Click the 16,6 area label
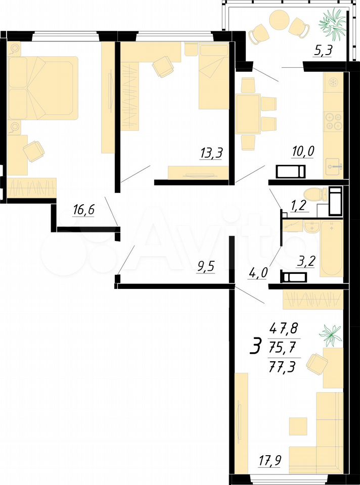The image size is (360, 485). [83, 210]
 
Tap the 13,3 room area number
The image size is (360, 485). [211, 153]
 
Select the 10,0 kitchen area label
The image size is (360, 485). [303, 152]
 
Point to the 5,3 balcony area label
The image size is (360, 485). [323, 51]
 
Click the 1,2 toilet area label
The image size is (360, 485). [300, 206]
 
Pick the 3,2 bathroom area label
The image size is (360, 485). [305, 262]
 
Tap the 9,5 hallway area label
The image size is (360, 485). [205, 266]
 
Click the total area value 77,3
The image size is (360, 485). [283, 367]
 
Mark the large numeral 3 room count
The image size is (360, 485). [256, 347]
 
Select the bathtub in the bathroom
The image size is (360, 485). [332, 249]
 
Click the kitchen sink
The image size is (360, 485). [334, 167]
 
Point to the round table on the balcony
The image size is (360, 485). [279, 19]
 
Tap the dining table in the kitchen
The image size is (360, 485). [248, 114]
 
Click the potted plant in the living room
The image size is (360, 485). [330, 335]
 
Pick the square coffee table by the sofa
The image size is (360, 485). [298, 426]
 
